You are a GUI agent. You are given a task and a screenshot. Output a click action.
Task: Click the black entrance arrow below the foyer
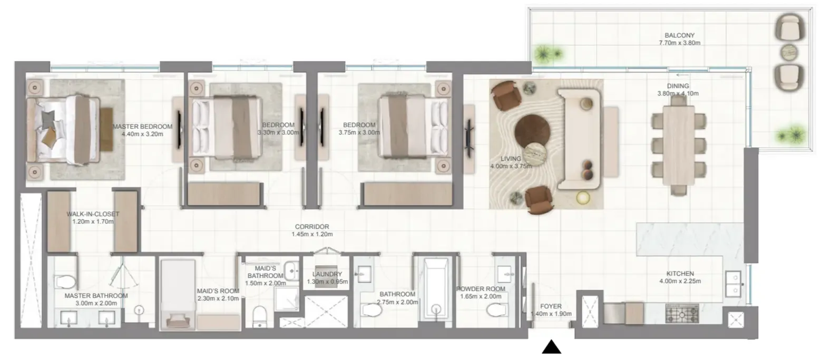coord(551,347)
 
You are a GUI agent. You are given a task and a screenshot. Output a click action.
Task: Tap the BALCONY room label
coord(680,35)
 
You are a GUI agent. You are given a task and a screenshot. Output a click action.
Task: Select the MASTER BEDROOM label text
coord(142,127)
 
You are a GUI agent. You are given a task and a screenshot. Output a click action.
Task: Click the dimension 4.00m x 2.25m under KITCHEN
coord(680,281)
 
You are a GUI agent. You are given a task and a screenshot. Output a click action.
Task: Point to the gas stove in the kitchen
coord(682,314)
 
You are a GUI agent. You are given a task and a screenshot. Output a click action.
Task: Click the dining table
coord(679,146)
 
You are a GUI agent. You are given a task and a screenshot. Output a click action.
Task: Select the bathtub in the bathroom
coord(436,289)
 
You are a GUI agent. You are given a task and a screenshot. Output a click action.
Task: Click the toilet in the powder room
coord(497,310)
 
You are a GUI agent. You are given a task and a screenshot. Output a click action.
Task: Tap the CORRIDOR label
coord(312,227)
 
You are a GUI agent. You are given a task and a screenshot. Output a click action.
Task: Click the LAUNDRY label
coord(327,274)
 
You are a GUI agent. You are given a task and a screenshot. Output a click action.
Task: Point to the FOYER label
coord(551,306)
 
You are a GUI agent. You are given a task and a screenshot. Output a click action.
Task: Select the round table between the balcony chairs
coord(789,52)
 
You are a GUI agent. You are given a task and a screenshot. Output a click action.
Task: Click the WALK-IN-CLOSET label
coord(93,214)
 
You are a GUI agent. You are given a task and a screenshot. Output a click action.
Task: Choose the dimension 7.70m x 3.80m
coord(680,43)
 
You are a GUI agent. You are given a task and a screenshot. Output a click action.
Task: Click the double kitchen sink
coord(733,284)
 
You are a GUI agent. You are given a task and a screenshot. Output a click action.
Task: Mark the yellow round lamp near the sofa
coord(583,198)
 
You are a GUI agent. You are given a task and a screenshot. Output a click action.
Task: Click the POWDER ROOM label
coord(481,289)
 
